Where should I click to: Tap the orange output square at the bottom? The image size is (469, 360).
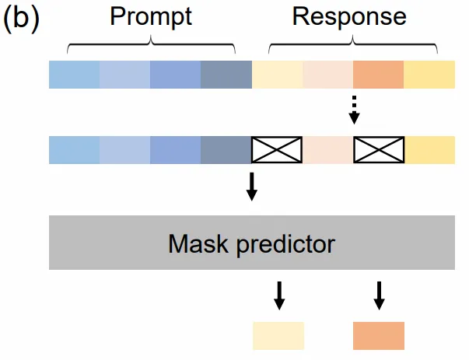tap(379, 335)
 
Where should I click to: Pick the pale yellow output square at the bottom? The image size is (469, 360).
tap(278, 335)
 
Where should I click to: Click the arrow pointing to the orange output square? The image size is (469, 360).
tap(379, 295)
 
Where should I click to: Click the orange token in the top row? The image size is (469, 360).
tap(379, 75)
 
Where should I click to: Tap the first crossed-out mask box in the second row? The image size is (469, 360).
tap(277, 150)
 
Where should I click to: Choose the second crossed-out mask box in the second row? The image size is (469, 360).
tap(379, 150)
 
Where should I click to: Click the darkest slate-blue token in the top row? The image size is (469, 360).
tap(226, 75)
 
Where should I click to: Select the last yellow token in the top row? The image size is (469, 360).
tap(429, 75)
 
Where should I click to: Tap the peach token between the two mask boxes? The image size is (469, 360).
tap(327, 150)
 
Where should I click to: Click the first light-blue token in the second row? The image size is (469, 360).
tap(74, 150)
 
